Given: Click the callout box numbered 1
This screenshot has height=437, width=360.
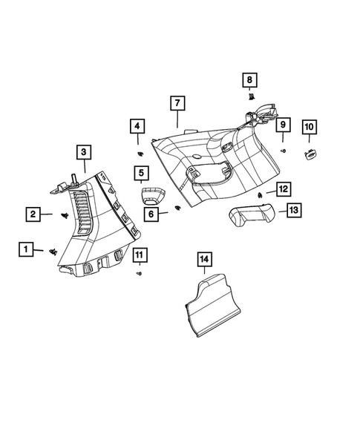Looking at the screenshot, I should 26,249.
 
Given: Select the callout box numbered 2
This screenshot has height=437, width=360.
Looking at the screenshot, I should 33,215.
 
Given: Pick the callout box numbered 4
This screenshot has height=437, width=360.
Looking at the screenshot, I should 137,126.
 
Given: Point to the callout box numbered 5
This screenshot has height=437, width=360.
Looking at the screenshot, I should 140,174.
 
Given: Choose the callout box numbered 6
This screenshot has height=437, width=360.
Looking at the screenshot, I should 151,213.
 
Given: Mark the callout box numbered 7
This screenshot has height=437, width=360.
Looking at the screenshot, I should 177,102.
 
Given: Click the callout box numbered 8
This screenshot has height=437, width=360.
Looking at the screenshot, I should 250,79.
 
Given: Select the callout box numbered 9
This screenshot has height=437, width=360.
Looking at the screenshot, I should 282,126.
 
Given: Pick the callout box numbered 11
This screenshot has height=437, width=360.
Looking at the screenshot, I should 139,257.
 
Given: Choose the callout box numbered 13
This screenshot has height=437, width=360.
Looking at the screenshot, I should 293,211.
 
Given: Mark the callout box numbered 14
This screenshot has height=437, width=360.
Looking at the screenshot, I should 204,259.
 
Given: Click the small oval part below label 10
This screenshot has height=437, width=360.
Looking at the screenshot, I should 309,154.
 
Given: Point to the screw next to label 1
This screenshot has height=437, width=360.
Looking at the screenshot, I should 53,252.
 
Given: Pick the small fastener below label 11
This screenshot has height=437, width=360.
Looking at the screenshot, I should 139,274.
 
